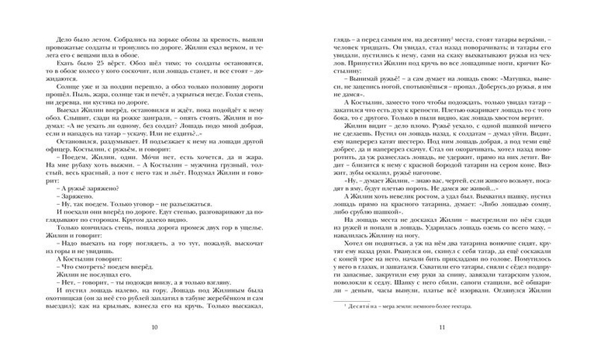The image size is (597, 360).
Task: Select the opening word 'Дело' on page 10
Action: (x=56, y=37)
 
